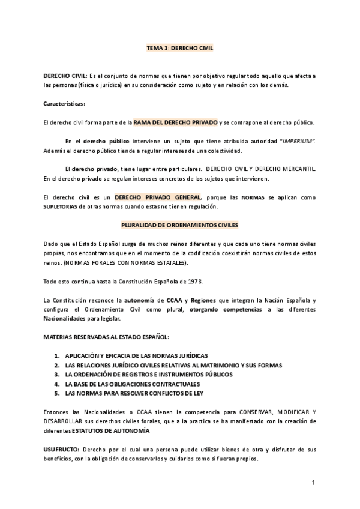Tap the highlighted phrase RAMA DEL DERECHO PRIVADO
pyautogui.click(x=176, y=122)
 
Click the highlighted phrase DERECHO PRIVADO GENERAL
pyautogui.click(x=158, y=197)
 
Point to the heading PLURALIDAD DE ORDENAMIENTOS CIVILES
pyautogui.click(x=179, y=224)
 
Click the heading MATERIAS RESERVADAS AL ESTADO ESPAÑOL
pyautogui.click(x=106, y=337)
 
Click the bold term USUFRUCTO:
pyautogui.click(x=61, y=449)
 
